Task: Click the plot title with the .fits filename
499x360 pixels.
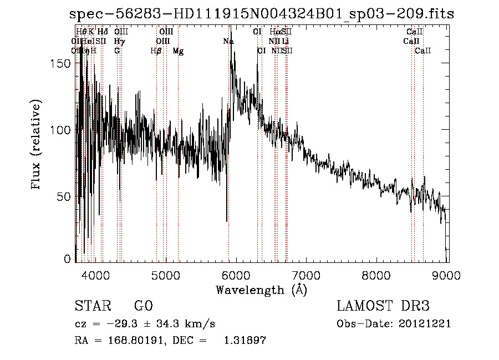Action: (262, 14)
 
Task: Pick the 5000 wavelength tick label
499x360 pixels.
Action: (166, 274)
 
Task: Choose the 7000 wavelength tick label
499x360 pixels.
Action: (307, 274)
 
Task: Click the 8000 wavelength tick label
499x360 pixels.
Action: (377, 274)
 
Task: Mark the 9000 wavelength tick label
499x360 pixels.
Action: (447, 274)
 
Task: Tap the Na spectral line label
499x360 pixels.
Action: (228, 41)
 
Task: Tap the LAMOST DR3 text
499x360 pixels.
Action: (383, 306)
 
